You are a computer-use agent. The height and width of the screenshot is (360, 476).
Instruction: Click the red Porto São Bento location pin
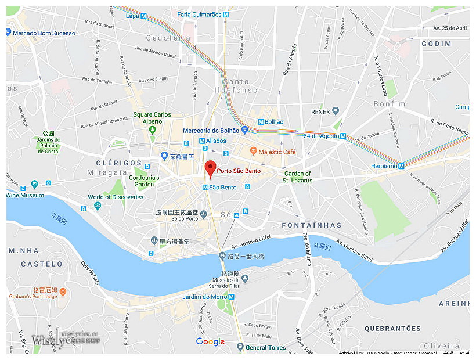click(210, 167)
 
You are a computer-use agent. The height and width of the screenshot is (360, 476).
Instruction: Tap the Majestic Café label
click(277, 152)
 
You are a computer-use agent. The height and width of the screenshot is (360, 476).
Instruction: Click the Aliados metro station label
click(216, 141)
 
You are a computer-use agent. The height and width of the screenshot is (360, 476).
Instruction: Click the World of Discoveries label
click(116, 197)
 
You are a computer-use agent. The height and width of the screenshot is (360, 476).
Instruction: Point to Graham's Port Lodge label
click(33, 296)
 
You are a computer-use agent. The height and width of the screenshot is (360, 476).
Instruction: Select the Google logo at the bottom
click(210, 341)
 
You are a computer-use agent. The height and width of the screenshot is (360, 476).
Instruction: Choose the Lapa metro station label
click(132, 16)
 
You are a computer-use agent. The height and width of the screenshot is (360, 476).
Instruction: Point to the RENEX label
click(320, 111)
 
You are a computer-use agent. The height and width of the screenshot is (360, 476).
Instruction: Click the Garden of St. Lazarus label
click(297, 177)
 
